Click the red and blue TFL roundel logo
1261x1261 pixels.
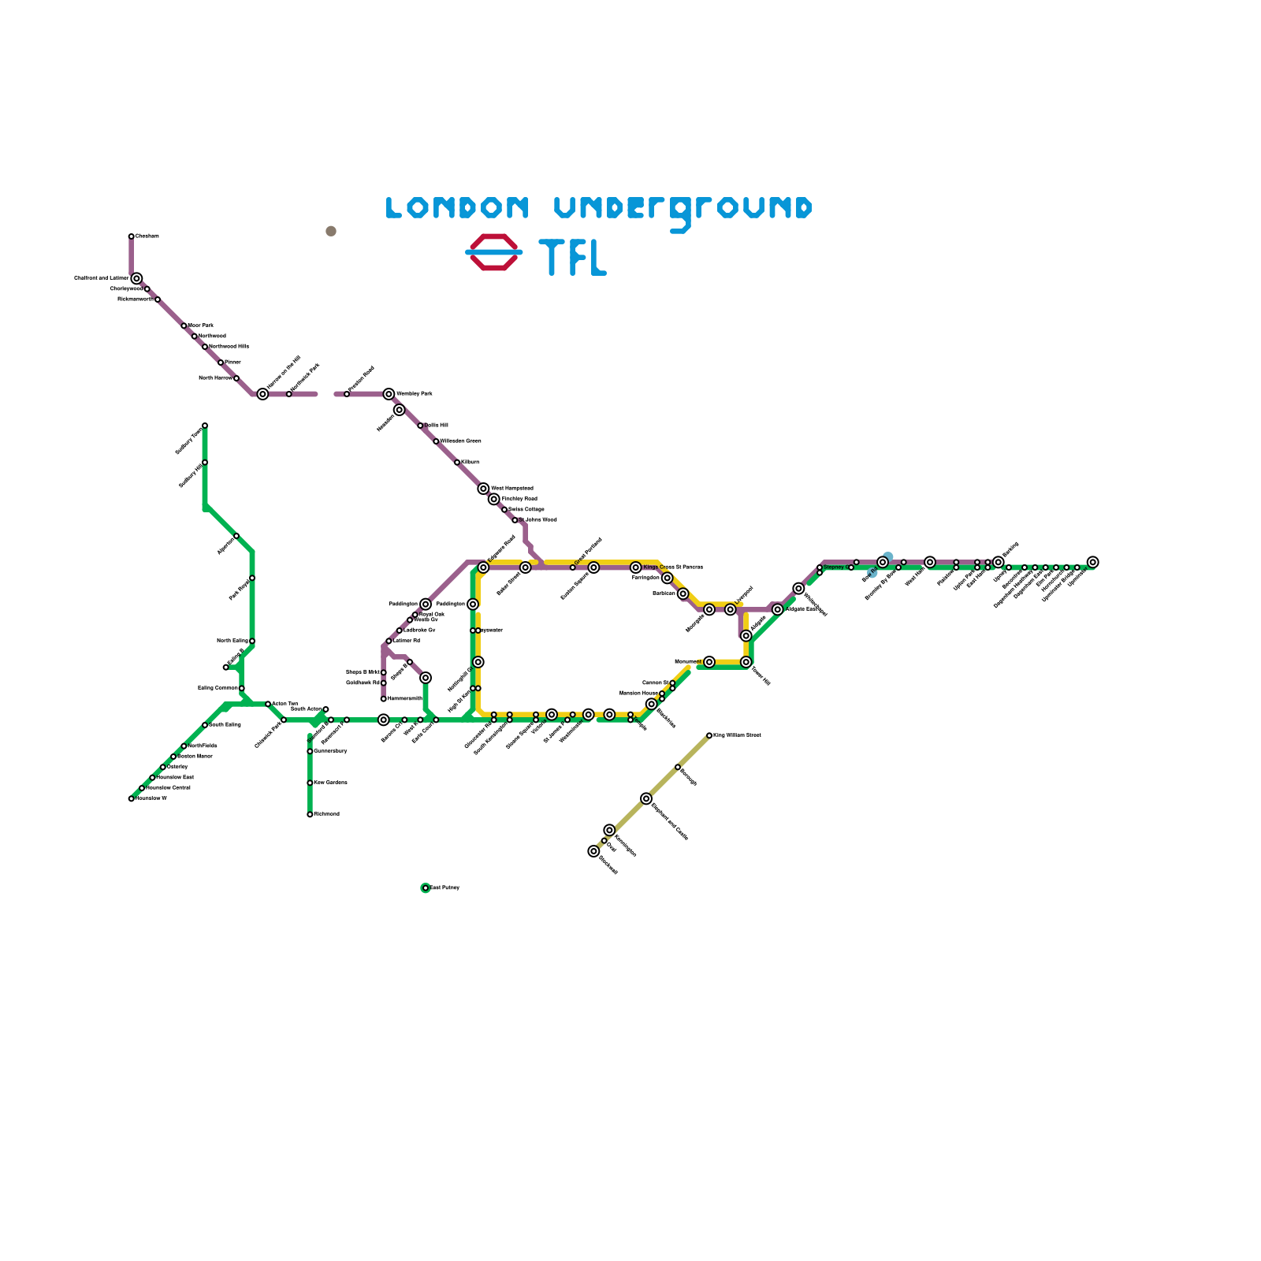point(494,252)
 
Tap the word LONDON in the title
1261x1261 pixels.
point(457,207)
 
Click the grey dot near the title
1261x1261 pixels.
point(331,231)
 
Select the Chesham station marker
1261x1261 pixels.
point(132,236)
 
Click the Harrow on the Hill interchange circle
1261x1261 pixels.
point(262,394)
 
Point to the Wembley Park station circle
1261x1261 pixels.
point(389,394)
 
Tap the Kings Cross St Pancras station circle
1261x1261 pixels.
point(636,567)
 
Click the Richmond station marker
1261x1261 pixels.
point(310,814)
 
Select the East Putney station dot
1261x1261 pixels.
point(426,888)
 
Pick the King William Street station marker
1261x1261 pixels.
point(709,735)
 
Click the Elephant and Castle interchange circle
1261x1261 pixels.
point(646,798)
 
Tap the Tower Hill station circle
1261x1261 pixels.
point(746,662)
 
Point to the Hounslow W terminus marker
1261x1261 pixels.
point(132,798)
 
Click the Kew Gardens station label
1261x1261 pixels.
point(331,783)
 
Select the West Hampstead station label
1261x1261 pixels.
point(512,489)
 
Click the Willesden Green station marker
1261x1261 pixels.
point(436,441)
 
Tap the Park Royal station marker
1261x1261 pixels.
point(252,578)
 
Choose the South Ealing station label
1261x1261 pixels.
point(225,725)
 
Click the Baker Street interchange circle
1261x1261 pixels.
point(526,567)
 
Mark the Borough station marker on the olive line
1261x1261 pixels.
point(678,767)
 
